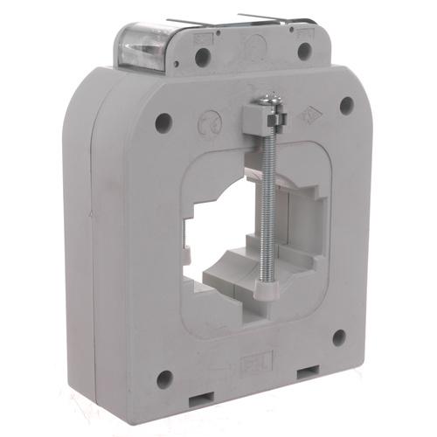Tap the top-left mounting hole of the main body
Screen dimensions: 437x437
[163, 122]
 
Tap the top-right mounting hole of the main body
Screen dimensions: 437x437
[346, 105]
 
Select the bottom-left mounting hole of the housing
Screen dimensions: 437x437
[164, 378]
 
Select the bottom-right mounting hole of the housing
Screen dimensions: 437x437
[338, 337]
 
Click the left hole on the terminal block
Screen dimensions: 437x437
[203, 58]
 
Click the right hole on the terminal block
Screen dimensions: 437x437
[303, 51]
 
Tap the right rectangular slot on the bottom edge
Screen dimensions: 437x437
[308, 374]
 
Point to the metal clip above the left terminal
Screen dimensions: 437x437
[187, 23]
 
